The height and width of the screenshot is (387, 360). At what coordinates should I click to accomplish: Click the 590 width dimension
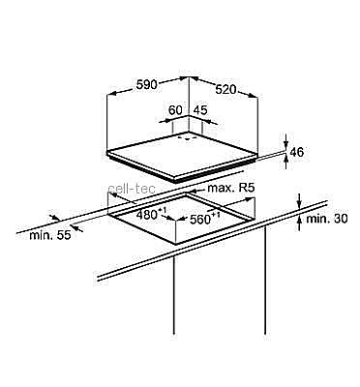pyautogui.click(x=147, y=85)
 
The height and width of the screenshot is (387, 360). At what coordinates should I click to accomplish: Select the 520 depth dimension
pyautogui.click(x=226, y=89)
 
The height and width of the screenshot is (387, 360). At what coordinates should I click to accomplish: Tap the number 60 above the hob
pyautogui.click(x=175, y=110)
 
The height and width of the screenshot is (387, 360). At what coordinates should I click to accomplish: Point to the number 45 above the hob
pyautogui.click(x=200, y=110)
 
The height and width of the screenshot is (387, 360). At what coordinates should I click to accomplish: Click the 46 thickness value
pyautogui.click(x=297, y=152)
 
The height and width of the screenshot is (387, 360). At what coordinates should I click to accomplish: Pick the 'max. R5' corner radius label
pyautogui.click(x=231, y=188)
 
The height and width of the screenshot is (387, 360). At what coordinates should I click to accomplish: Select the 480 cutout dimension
pyautogui.click(x=150, y=214)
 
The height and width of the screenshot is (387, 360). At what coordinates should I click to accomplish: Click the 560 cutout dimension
pyautogui.click(x=204, y=219)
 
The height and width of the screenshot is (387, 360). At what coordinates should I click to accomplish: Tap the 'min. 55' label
pyautogui.click(x=49, y=235)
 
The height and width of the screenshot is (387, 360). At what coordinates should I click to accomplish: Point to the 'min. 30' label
pyautogui.click(x=327, y=219)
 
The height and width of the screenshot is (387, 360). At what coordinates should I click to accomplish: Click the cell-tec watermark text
pyautogui.click(x=132, y=189)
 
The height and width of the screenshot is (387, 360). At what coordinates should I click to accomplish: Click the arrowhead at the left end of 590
pyautogui.click(x=111, y=94)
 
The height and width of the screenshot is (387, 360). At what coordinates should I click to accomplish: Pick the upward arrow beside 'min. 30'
pyautogui.click(x=300, y=223)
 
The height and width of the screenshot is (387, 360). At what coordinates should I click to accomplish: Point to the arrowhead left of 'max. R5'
pyautogui.click(x=194, y=190)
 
